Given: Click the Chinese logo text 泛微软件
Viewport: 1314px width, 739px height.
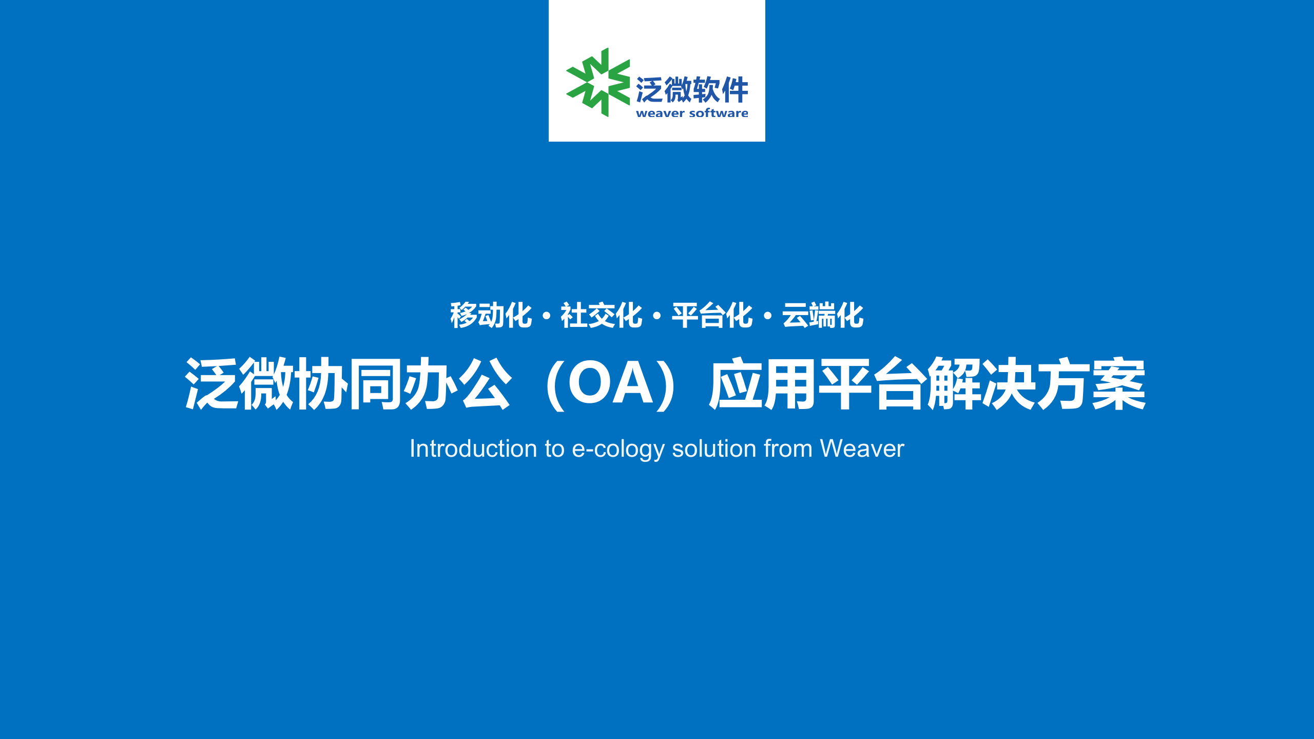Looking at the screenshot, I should (x=692, y=90).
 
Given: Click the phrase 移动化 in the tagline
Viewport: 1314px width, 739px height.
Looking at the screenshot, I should (x=491, y=315).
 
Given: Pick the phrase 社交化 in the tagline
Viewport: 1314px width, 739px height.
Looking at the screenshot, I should (x=601, y=315).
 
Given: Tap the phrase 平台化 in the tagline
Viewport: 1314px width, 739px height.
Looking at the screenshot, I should (x=712, y=315).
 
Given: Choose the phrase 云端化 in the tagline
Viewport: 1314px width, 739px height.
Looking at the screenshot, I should (x=823, y=315).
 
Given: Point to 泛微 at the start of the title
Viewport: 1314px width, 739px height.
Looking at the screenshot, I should (x=239, y=383).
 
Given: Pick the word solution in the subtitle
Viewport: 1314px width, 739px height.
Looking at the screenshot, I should (x=714, y=449).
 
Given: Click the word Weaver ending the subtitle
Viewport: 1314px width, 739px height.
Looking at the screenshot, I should (x=862, y=449).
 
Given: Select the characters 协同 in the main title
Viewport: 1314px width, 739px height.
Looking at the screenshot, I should (x=348, y=383).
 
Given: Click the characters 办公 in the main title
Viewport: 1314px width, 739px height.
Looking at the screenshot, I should (x=458, y=383).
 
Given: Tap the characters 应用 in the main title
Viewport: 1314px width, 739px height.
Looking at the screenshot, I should (x=762, y=383).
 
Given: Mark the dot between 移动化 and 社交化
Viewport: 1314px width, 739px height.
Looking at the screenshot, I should (x=546, y=316).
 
